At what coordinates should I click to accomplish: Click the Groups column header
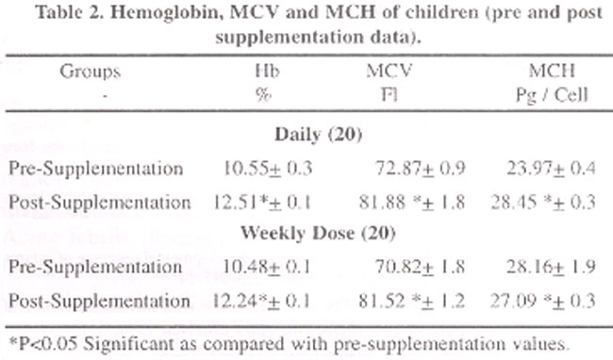coord(90,72)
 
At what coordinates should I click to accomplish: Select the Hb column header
coord(268,71)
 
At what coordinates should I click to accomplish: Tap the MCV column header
coord(389,71)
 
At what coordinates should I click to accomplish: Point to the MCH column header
coord(552,71)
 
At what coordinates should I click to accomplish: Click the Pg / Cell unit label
coord(552,95)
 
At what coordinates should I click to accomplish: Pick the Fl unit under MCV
coord(389,94)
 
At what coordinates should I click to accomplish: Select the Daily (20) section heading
coord(318,135)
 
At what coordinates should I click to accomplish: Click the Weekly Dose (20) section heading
coord(318,233)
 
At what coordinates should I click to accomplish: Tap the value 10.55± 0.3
coord(268,169)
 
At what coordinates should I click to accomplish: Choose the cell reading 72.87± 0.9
coord(421,169)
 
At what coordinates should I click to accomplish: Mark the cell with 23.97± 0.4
coord(552,169)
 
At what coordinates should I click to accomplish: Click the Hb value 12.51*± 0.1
coord(262,203)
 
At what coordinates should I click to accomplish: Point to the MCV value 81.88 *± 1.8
coord(412,203)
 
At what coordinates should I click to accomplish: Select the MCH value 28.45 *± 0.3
coord(543,203)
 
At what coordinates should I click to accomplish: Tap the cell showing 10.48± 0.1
coord(267,267)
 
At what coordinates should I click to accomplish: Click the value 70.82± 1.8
coord(421,267)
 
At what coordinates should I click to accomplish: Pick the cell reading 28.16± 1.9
coord(552,267)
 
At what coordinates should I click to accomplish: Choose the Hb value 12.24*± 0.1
coord(261,301)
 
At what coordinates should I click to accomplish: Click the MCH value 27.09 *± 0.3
coord(543,301)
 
